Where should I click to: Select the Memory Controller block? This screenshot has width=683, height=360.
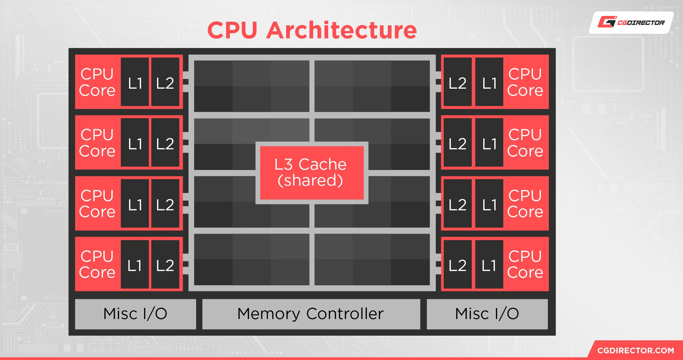pos(311,314)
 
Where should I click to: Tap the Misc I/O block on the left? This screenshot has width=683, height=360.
pos(135,314)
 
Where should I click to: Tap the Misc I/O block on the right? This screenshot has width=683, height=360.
pos(487,314)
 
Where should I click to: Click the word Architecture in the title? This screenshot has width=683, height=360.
pos(341,30)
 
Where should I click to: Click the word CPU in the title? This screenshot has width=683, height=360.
pos(232,30)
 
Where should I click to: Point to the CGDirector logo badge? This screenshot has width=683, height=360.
pos(631,23)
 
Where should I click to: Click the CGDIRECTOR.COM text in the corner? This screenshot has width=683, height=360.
pos(635,350)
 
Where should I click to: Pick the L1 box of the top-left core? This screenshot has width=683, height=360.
pos(135,82)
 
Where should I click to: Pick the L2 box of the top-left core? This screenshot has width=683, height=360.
pos(165,82)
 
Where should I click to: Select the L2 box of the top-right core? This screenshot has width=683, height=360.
pos(457,82)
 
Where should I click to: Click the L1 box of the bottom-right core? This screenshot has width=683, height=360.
pos(489,265)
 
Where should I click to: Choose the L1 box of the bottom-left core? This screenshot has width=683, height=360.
pos(135,265)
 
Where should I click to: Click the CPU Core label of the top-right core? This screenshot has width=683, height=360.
pos(525,82)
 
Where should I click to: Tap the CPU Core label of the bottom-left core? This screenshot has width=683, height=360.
pos(97,264)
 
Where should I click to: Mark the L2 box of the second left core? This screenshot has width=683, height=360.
pos(165,143)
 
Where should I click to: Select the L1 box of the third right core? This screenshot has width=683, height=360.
pos(489,204)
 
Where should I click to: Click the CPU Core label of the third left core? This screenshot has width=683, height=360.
pos(97,204)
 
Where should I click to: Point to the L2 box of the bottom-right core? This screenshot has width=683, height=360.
pos(457,265)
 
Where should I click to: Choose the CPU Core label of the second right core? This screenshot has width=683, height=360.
pos(525,143)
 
